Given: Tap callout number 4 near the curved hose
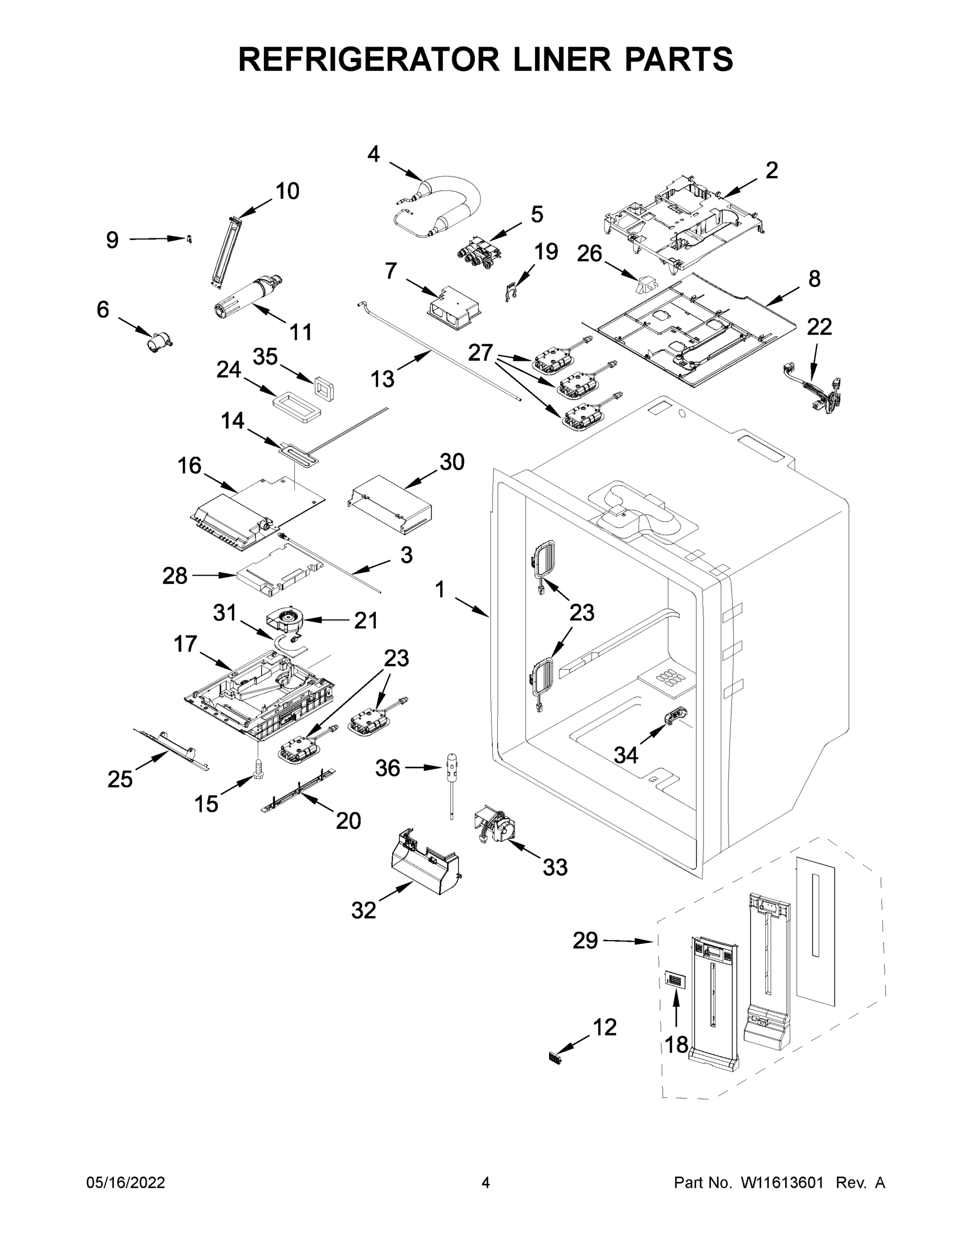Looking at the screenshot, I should click(374, 155).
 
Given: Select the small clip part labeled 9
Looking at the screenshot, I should click(188, 239).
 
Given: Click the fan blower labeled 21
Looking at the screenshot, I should click(286, 624).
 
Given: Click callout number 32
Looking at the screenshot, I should click(364, 910).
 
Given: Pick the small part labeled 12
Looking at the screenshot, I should click(553, 1058).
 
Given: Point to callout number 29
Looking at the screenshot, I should click(585, 941).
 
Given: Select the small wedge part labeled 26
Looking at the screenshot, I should click(646, 285).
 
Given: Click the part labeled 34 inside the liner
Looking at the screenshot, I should click(676, 716).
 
